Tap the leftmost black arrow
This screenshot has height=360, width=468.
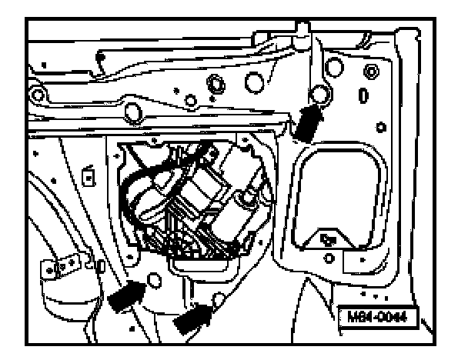pos(127,294)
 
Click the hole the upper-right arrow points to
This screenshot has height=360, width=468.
pos(317,95)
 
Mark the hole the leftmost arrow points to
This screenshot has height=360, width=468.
pos(155,282)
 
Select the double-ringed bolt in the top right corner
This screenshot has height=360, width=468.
pos(373,72)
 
